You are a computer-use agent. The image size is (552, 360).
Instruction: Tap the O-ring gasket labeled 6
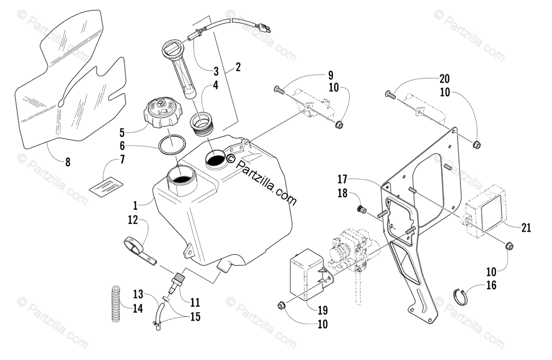[x=172, y=146]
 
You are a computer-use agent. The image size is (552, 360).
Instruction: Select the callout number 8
[x=68, y=162]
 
